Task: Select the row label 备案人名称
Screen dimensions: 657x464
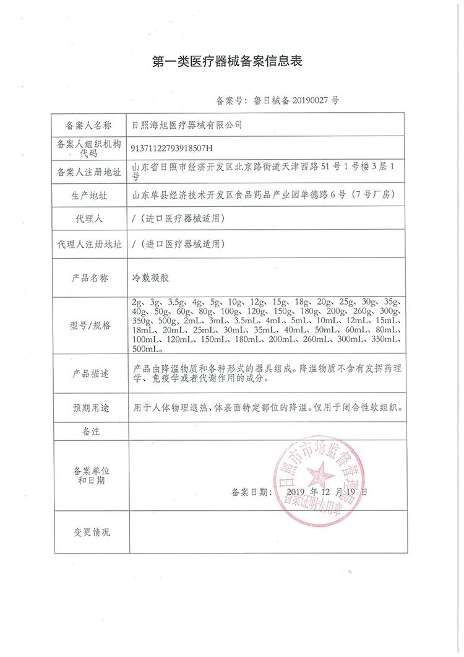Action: tap(89, 125)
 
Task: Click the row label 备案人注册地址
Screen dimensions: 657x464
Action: tap(89, 172)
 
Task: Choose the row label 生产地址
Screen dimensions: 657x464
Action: tap(89, 196)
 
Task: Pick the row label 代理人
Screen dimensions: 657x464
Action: tap(89, 219)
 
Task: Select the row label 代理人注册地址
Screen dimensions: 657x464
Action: tap(89, 244)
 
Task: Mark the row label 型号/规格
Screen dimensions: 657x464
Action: tap(89, 326)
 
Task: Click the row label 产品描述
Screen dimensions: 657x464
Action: tap(89, 374)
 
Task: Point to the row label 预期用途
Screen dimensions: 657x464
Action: tap(89, 408)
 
